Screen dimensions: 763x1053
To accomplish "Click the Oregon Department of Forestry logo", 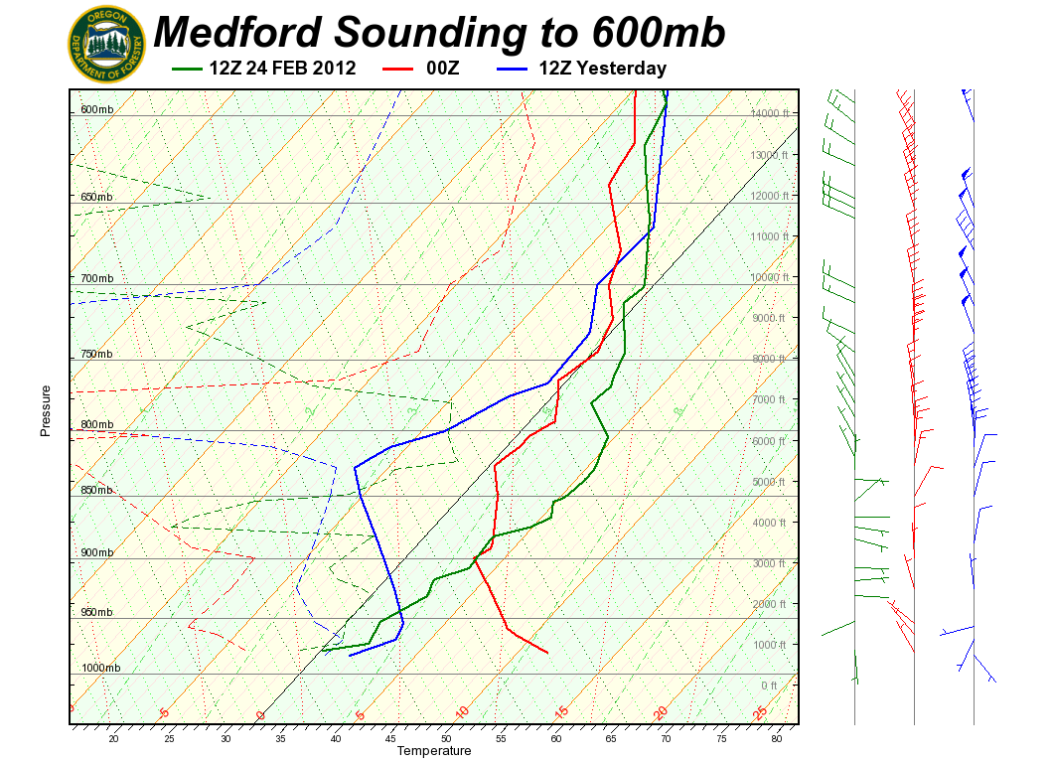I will click(x=106, y=43).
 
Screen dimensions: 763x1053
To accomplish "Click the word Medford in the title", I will click(x=237, y=32).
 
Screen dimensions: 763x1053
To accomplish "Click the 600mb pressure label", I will click(x=96, y=109).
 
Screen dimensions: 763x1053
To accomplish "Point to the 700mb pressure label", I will click(x=96, y=277).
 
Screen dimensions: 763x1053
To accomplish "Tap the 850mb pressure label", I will click(x=96, y=490).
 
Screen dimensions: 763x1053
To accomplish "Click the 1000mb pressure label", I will click(x=99, y=668).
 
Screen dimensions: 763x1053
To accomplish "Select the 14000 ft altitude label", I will click(x=769, y=114).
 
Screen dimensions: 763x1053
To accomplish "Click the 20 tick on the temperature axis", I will click(x=113, y=738).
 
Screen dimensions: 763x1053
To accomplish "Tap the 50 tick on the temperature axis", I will click(x=446, y=738).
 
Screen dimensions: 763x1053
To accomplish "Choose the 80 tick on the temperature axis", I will click(x=778, y=738).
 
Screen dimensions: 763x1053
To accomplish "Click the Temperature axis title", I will click(x=433, y=751).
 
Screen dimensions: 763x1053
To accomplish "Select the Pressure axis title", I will click(x=46, y=410).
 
